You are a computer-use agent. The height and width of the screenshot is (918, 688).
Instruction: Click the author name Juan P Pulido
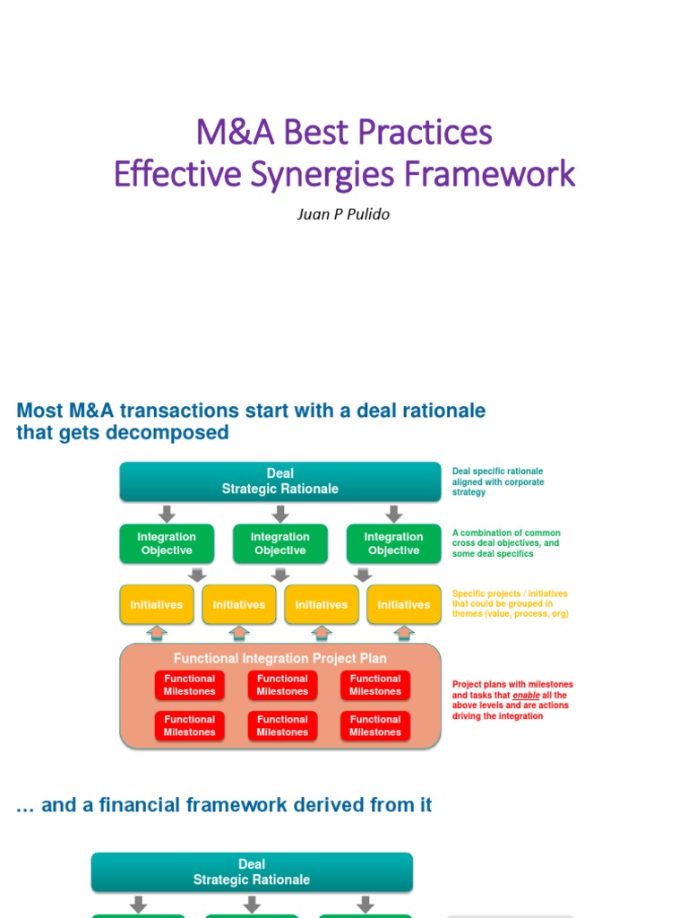coord(344,215)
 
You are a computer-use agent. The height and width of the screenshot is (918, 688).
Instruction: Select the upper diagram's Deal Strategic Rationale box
coord(280,481)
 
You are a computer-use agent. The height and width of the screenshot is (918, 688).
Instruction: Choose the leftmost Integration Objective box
coord(167,544)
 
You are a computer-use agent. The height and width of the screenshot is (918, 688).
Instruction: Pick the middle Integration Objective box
coord(280,544)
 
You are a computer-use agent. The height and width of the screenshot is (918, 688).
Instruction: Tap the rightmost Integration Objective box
coord(393,544)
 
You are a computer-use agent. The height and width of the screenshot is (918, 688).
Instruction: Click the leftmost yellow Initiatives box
coord(157,605)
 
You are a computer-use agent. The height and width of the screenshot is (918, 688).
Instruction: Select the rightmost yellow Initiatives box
coord(404,605)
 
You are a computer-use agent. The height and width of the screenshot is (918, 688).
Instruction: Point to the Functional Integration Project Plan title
coord(280,658)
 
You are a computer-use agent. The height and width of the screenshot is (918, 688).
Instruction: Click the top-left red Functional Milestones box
coord(190,686)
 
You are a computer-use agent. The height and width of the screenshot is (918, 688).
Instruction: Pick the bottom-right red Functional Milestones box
coord(375,726)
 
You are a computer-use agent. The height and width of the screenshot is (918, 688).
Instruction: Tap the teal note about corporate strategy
coord(498,481)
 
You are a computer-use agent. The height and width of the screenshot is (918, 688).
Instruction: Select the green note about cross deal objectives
coord(506,543)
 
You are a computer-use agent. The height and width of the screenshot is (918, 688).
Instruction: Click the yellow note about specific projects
coord(510,604)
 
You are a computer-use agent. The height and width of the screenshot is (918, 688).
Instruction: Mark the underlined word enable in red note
coord(526,696)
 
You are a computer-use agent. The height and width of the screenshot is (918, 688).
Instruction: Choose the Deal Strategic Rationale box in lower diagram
coord(252,872)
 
